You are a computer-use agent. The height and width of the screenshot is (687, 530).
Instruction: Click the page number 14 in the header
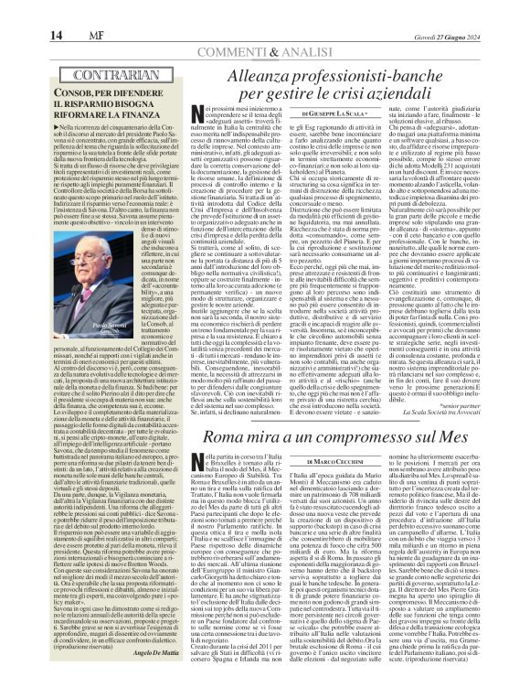tap(17, 12)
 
